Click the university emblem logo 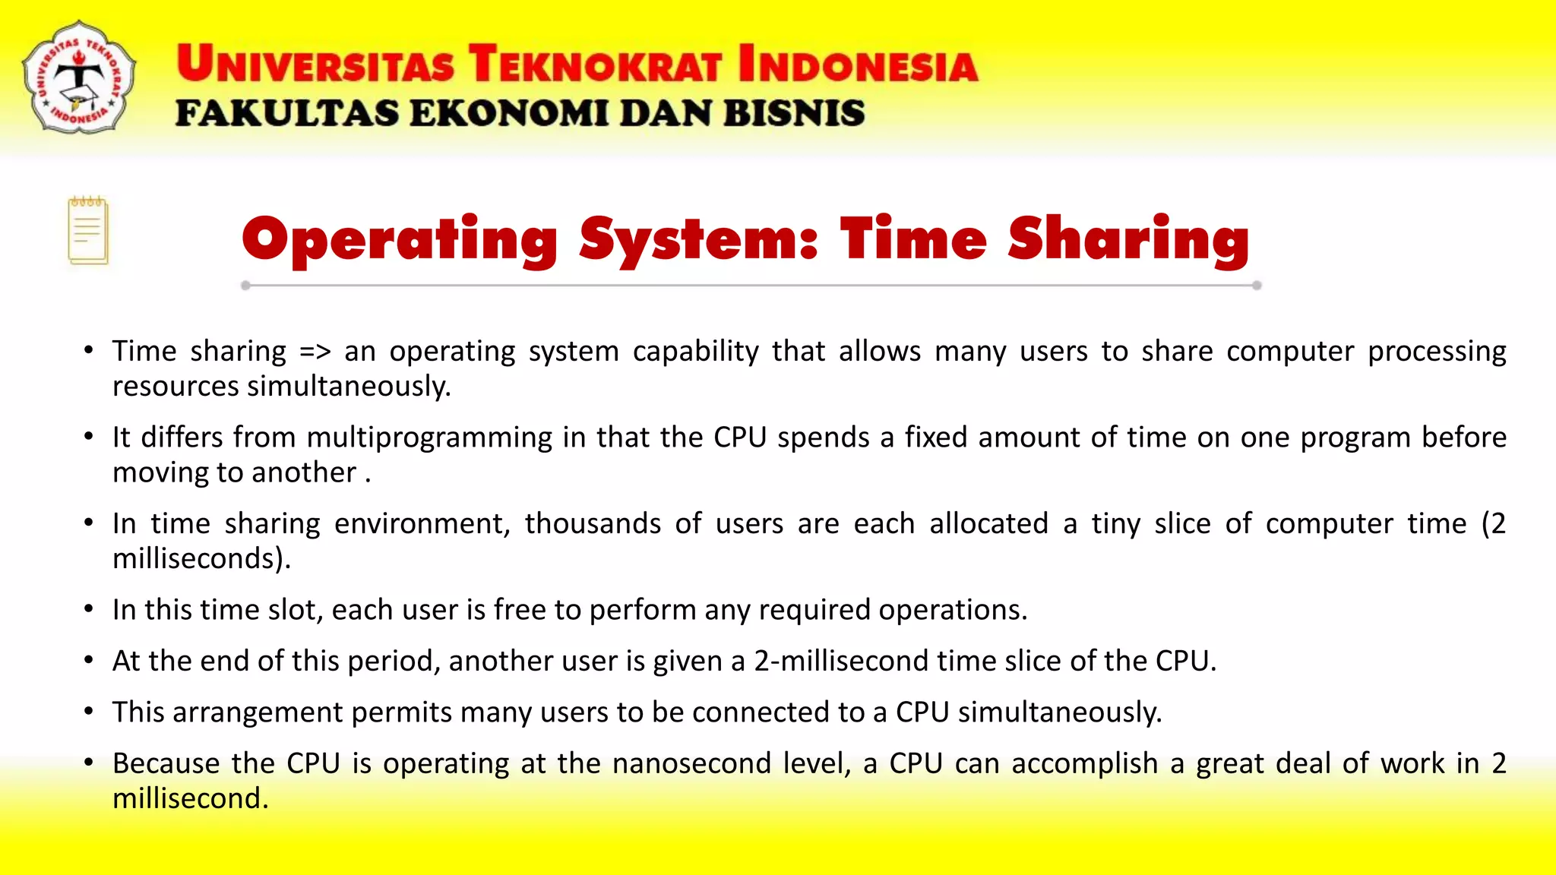tap(79, 77)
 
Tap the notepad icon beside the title tap(88, 231)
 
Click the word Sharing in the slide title tap(1128, 240)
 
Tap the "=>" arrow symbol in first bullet tap(315, 352)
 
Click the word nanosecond tap(691, 763)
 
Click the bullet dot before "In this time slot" tap(89, 609)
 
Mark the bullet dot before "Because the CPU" tap(89, 763)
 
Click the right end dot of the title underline tap(1257, 286)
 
